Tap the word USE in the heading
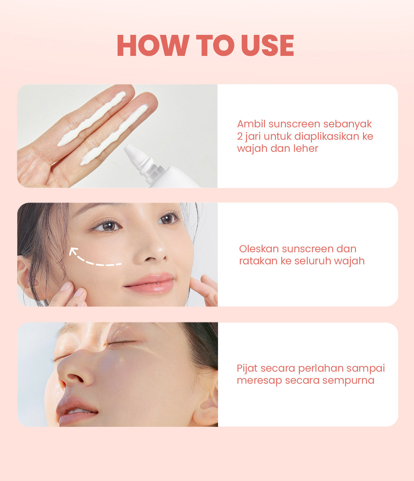pos(268,46)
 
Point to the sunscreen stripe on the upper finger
pos(91,119)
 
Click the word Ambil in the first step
pos(251,124)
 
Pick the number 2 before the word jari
pos(240,136)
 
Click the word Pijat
pos(247,369)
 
